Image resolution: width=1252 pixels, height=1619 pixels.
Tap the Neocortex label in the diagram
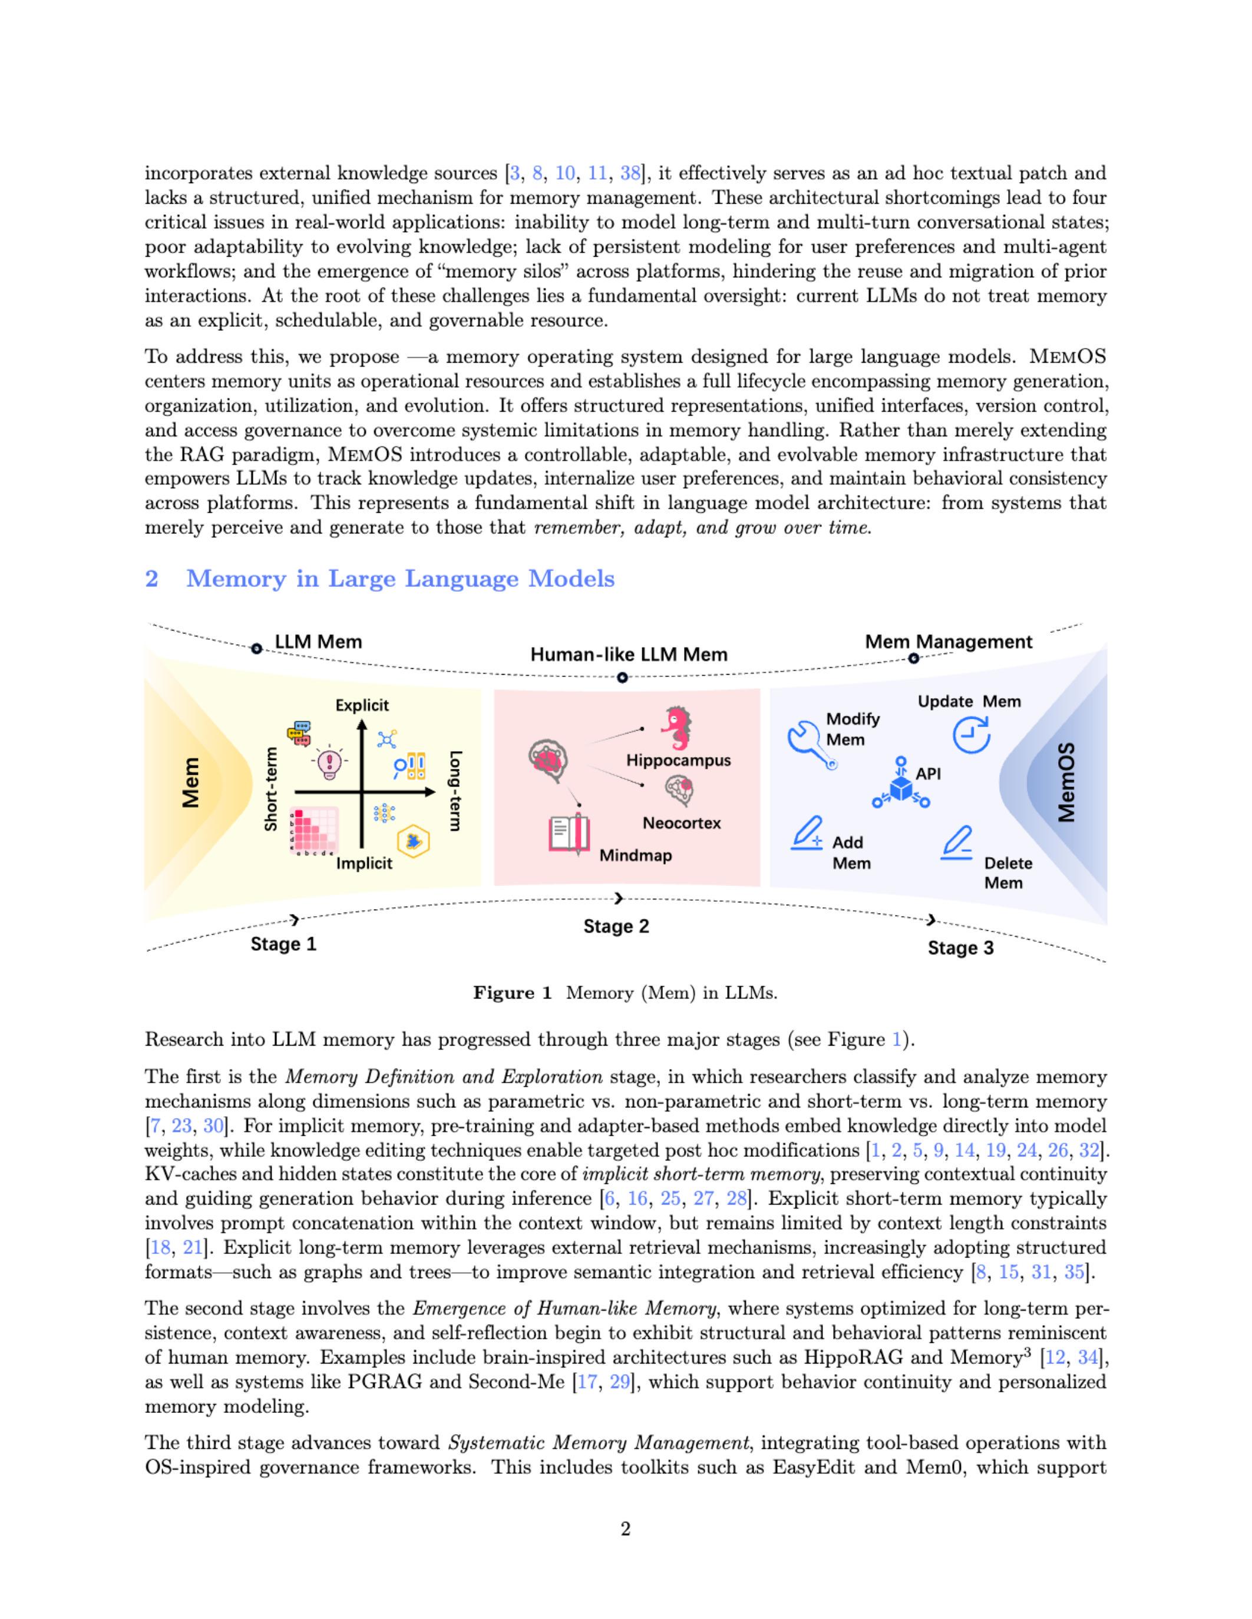pyautogui.click(x=682, y=823)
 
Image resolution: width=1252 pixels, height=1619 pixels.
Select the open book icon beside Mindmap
pyautogui.click(x=569, y=835)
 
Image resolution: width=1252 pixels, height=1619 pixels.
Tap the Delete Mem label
pyautogui.click(x=1007, y=872)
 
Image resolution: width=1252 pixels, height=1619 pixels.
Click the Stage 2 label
pyautogui.click(x=616, y=926)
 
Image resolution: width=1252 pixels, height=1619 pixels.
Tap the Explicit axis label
pyautogui.click(x=362, y=705)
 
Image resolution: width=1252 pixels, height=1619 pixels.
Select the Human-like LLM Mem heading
pyautogui.click(x=629, y=655)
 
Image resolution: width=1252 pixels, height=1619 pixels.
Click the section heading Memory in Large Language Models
pyautogui.click(x=400, y=578)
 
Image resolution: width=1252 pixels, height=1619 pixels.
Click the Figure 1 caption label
pyautogui.click(x=513, y=993)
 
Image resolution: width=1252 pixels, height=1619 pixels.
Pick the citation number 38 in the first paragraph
pyautogui.click(x=630, y=174)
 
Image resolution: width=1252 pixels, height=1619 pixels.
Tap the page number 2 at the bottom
pyautogui.click(x=625, y=1528)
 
